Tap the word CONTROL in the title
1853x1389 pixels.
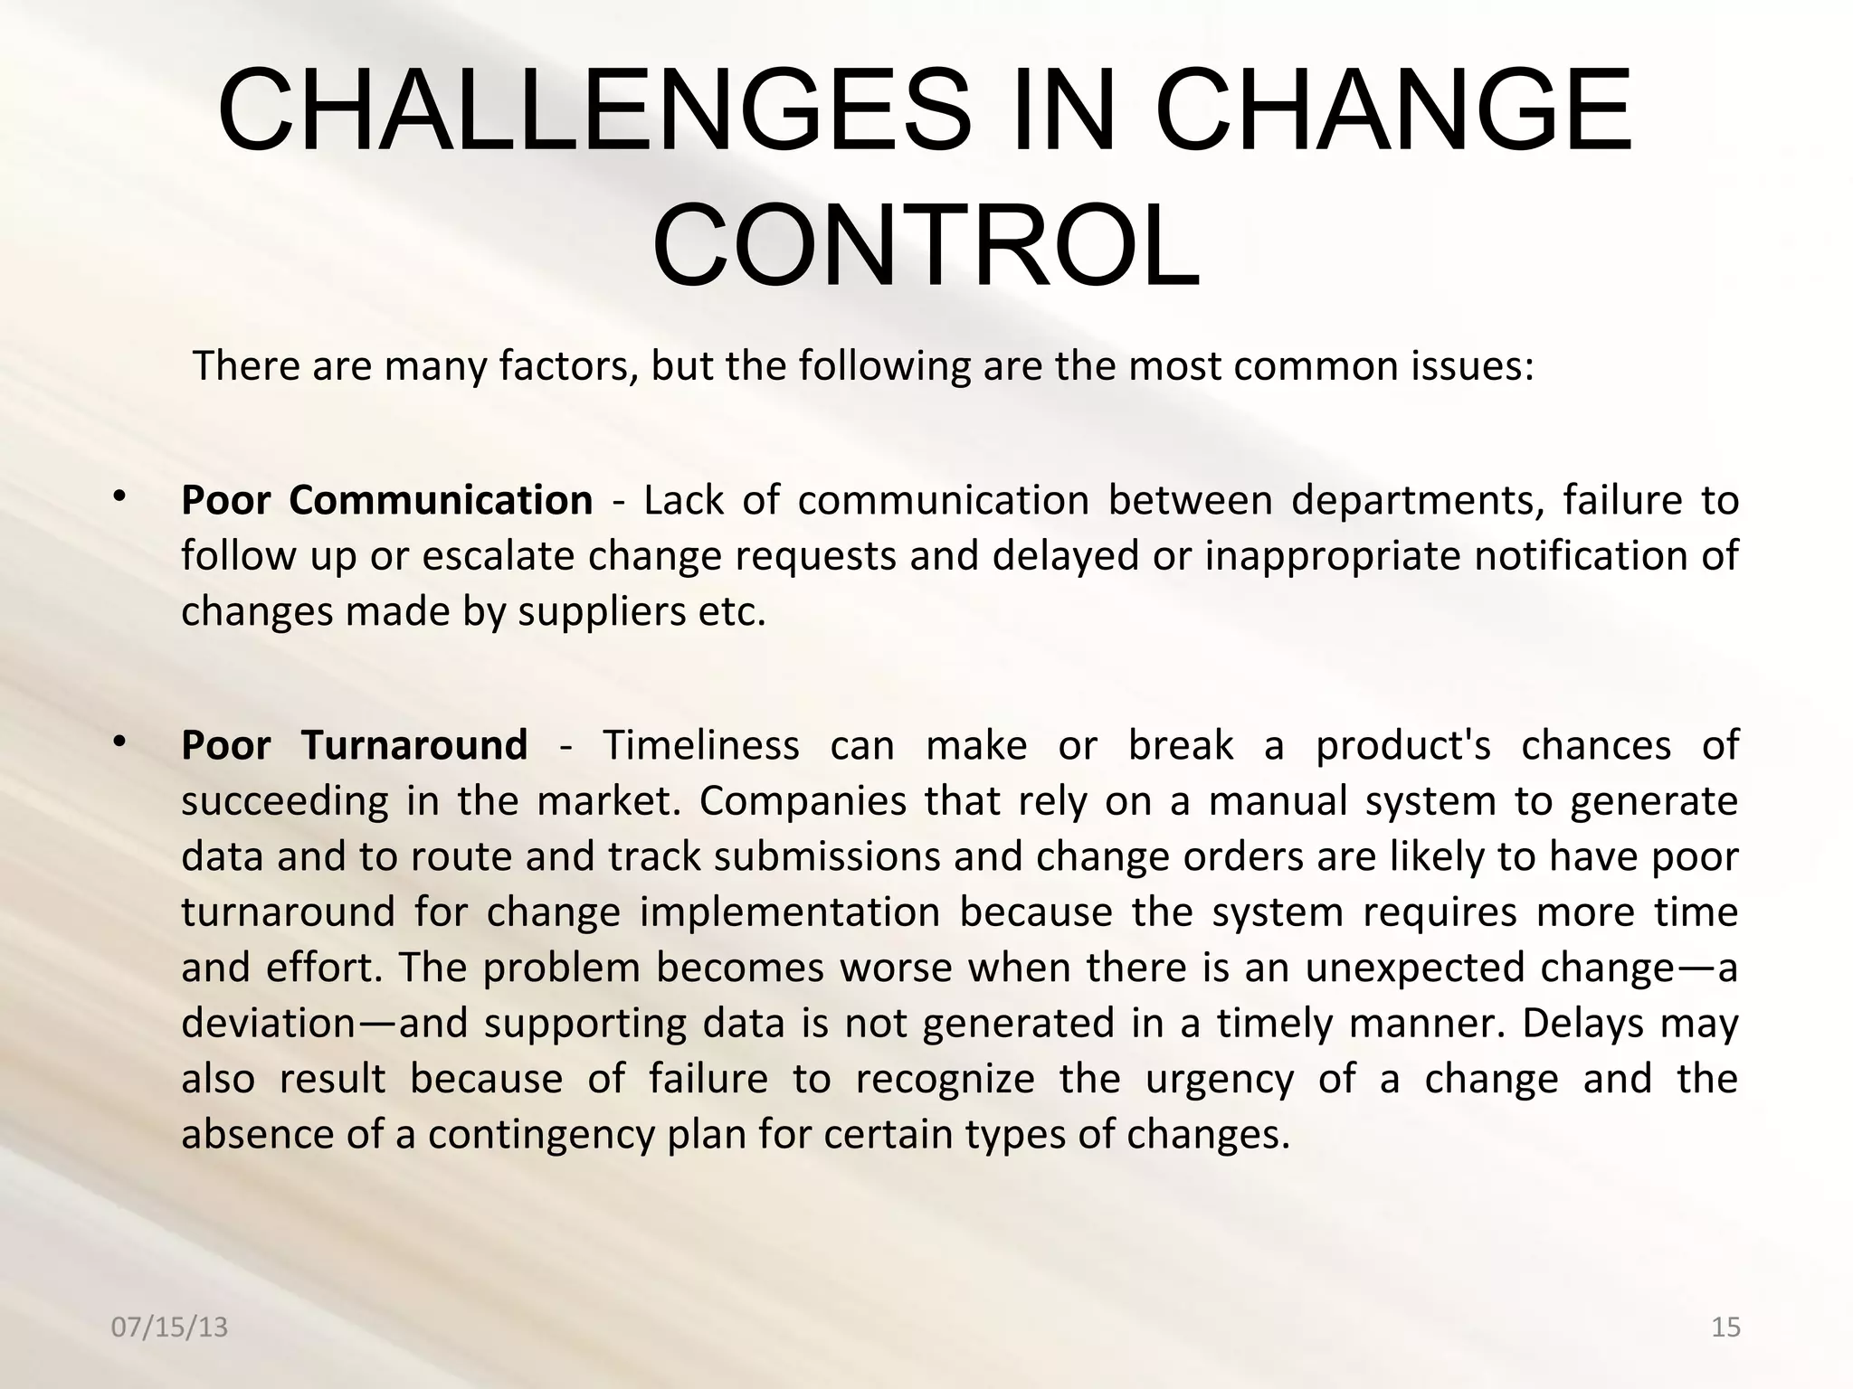(926, 247)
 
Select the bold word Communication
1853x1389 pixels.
(441, 500)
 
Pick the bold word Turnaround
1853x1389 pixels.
(414, 745)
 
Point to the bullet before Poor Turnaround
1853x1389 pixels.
(119, 742)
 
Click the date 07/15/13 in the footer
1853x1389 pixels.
(169, 1328)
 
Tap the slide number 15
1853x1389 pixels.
(1725, 1328)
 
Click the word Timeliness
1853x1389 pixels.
(701, 746)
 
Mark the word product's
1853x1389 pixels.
(1402, 746)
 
